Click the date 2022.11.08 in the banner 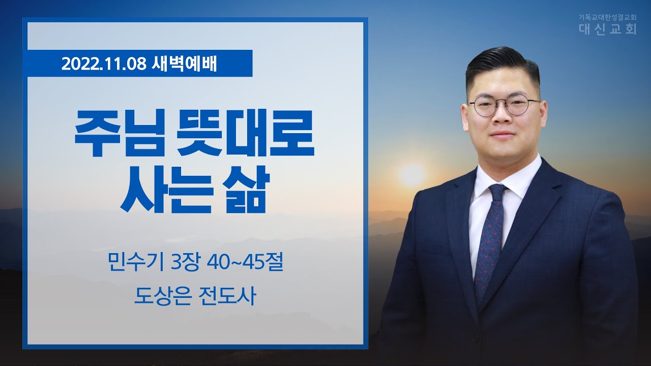tap(104, 64)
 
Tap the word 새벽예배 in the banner tap(184, 64)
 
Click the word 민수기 tap(135, 263)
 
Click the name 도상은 tap(163, 296)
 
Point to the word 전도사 tap(227, 296)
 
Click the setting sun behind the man tap(412, 175)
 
